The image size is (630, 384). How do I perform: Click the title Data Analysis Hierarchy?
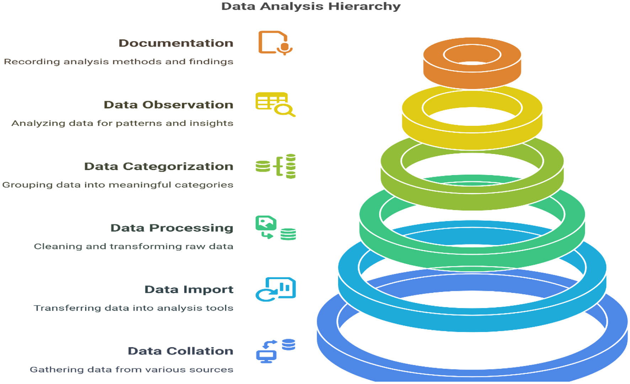click(x=311, y=6)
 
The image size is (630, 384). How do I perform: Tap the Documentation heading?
click(x=176, y=43)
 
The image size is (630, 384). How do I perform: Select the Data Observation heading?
click(x=168, y=105)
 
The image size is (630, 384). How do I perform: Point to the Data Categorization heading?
click(x=159, y=166)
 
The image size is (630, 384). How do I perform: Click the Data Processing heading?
click(x=172, y=228)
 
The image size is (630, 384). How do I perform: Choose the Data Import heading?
click(x=189, y=290)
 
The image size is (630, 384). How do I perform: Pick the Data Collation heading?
click(x=180, y=351)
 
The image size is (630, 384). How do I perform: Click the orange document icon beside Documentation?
click(x=275, y=43)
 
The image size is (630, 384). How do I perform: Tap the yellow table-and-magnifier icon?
click(x=275, y=104)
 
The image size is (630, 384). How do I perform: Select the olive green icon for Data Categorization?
click(x=276, y=166)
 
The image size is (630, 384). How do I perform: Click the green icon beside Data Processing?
click(x=275, y=227)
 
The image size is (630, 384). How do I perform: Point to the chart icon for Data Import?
click(x=276, y=289)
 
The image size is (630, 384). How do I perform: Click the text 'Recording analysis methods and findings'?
click(x=118, y=62)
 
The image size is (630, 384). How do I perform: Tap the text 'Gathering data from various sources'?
click(x=132, y=370)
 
